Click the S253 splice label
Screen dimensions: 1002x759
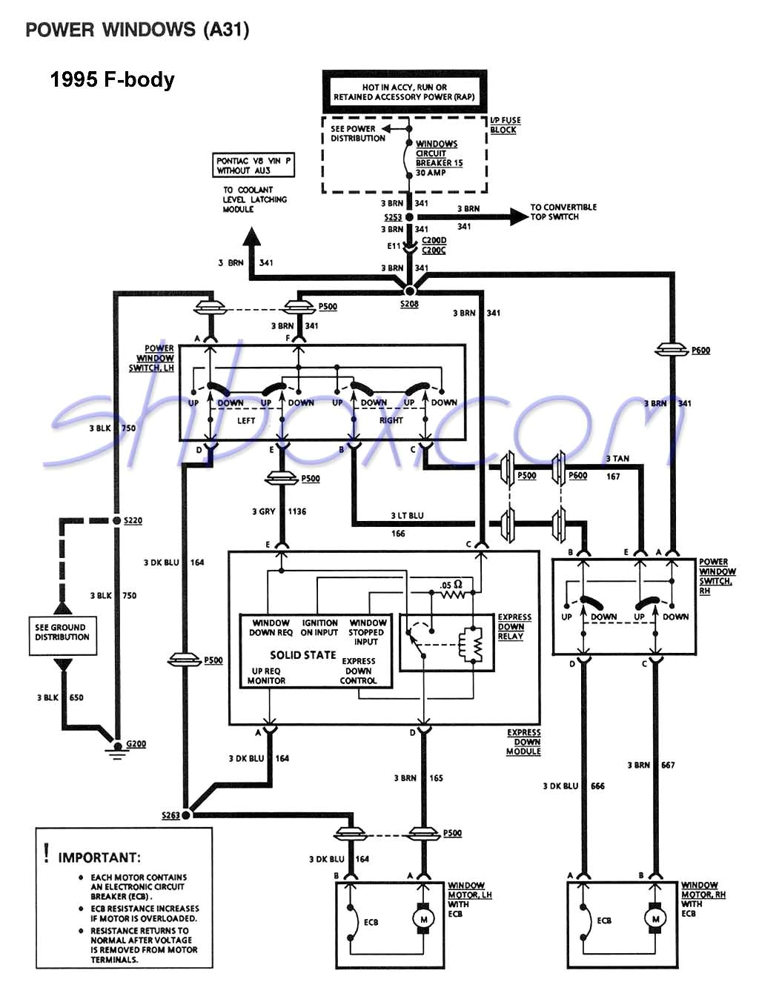point(393,217)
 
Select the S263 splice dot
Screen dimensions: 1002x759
point(186,814)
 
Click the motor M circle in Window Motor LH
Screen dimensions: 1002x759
point(423,919)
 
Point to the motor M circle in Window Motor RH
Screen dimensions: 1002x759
point(654,919)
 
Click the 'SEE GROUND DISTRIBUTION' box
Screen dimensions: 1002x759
point(62,632)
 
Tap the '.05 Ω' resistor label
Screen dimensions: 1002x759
point(450,585)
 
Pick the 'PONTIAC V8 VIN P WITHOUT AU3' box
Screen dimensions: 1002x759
point(253,165)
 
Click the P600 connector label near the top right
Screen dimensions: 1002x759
point(700,351)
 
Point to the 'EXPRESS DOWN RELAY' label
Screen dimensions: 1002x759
point(514,626)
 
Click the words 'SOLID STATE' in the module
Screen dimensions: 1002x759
point(302,655)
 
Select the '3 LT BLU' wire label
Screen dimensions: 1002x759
point(408,515)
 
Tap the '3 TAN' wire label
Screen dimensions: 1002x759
point(617,459)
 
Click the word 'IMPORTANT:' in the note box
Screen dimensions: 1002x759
point(99,857)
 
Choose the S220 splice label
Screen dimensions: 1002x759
point(133,521)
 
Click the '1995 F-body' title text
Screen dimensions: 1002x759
point(112,80)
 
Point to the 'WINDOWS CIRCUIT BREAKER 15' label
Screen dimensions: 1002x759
point(438,153)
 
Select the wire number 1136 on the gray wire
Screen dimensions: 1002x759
point(296,511)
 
